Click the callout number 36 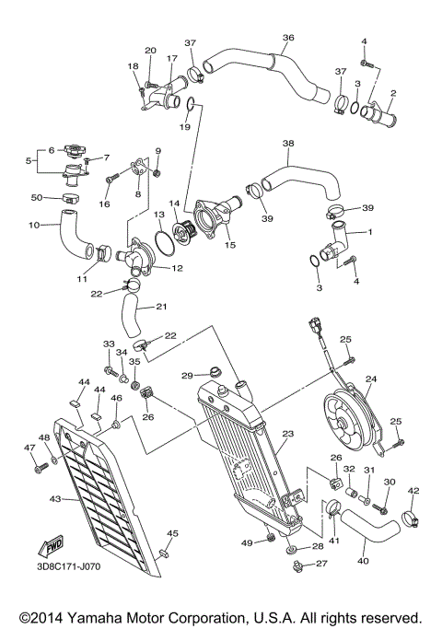[x=287, y=38]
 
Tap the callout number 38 [x=288, y=145]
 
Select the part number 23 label [x=287, y=433]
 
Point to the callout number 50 [x=38, y=198]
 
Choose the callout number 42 [x=413, y=491]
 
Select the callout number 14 [x=173, y=203]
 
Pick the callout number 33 [x=108, y=344]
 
